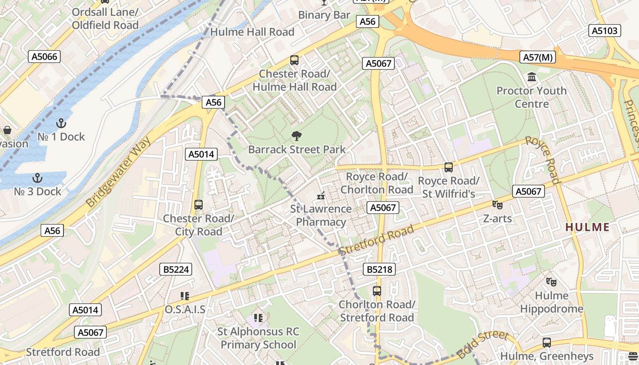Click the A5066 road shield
point(45,57)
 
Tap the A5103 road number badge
point(605,31)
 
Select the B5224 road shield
point(176,269)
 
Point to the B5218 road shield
point(380,269)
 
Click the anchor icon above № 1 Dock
point(61,123)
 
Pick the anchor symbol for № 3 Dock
point(37,178)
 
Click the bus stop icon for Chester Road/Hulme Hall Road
point(294,60)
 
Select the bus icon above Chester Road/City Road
point(199,205)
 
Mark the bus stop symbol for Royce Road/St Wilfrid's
point(449,167)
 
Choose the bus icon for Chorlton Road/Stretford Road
point(377,291)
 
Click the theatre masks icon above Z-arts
point(497,205)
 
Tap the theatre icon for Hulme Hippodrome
point(551,282)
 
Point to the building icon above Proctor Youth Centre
point(532,77)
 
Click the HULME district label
point(587,227)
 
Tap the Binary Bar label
point(324,15)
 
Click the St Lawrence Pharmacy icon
point(321,196)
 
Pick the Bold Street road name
point(482,344)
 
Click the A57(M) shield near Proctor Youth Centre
point(538,57)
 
